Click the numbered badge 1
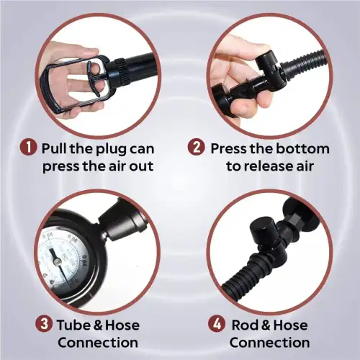click(x=28, y=147)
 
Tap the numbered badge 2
click(x=197, y=147)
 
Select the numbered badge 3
click(x=44, y=324)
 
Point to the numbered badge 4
click(x=217, y=324)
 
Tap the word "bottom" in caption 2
click(x=302, y=148)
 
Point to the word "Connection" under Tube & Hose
click(x=98, y=343)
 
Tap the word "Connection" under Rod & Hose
click(x=269, y=343)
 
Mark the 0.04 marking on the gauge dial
click(x=84, y=261)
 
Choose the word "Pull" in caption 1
click(x=55, y=148)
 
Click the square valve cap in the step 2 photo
click(x=266, y=61)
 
